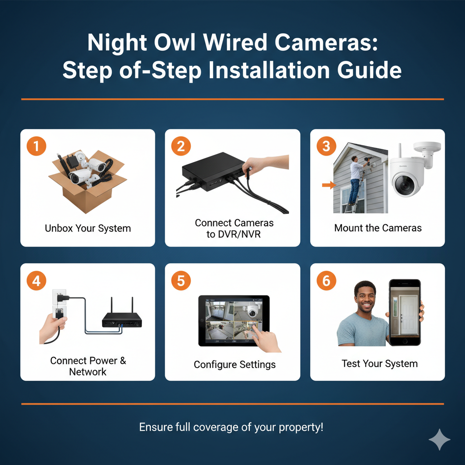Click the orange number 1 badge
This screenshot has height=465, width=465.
(36, 146)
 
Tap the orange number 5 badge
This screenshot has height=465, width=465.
(181, 281)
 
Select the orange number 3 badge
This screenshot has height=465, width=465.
(326, 146)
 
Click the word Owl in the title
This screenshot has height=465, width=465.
(175, 42)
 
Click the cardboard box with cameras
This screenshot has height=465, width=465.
(88, 181)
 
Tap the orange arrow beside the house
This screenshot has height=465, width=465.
(329, 185)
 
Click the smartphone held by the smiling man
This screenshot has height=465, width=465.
(405, 312)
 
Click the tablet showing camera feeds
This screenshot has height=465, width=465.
(234, 321)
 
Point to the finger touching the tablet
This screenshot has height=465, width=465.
(255, 329)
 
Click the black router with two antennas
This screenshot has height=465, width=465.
(122, 317)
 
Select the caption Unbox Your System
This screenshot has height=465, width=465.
(88, 228)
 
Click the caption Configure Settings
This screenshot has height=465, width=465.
(235, 365)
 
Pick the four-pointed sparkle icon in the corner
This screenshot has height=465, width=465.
(440, 440)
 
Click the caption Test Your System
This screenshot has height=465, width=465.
(380, 364)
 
